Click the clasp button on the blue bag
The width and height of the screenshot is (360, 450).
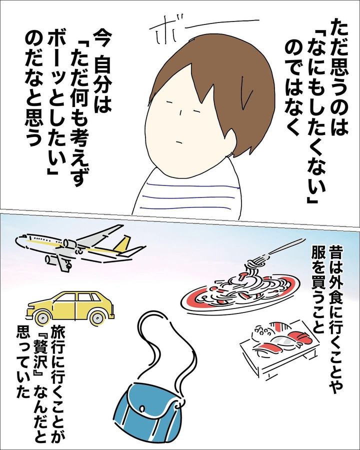(141, 408)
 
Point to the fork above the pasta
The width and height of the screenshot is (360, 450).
(275, 249)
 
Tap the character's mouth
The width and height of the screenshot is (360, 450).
(179, 140)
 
